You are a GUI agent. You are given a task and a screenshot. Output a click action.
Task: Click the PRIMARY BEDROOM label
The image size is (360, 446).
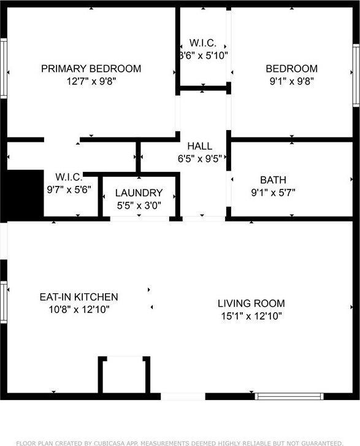pos(91,69)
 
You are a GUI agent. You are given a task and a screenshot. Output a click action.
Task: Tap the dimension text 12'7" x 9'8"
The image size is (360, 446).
pos(91,81)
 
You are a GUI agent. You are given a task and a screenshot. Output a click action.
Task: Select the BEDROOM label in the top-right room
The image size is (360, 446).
pos(291,69)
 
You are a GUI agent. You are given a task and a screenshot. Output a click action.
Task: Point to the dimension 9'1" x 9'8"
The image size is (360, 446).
pos(291,81)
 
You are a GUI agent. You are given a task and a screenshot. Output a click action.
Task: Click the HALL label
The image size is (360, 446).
pos(200,146)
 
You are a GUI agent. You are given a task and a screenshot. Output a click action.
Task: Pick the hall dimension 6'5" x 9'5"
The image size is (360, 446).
pos(200,158)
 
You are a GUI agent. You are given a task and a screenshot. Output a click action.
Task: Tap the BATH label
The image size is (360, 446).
pos(273,180)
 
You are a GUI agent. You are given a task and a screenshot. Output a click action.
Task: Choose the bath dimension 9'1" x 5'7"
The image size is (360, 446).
pos(273,192)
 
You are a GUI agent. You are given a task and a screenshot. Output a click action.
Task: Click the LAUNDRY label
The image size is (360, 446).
pos(139,193)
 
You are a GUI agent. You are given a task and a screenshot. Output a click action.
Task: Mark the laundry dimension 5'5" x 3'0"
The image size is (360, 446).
pos(139,205)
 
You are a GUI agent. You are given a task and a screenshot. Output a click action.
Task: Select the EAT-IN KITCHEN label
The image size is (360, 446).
pos(79,297)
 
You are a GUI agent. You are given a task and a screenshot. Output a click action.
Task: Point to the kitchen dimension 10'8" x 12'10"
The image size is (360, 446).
pos(79,309)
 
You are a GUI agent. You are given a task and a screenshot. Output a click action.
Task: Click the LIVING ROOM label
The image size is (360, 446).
pos(251,303)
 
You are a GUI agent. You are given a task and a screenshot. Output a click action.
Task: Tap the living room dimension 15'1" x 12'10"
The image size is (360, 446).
pos(251,316)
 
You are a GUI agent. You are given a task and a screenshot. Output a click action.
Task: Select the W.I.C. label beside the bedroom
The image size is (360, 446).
pos(202,43)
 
